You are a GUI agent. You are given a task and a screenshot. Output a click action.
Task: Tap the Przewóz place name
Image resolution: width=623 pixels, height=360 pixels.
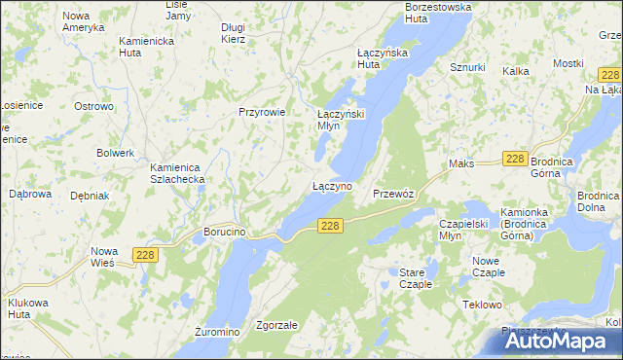(393, 194)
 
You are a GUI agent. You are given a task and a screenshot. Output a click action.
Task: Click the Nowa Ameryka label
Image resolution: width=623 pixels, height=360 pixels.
(83, 22)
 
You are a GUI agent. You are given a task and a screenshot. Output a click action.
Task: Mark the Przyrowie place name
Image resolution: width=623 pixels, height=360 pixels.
(262, 112)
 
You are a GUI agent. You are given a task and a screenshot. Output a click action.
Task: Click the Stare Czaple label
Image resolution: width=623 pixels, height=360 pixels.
(416, 279)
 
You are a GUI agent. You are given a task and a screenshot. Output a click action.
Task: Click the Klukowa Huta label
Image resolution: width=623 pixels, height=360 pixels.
(27, 308)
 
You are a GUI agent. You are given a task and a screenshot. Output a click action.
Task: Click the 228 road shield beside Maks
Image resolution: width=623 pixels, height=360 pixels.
(515, 160)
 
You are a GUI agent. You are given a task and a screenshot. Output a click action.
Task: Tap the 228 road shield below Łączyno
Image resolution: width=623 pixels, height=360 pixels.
(331, 226)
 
